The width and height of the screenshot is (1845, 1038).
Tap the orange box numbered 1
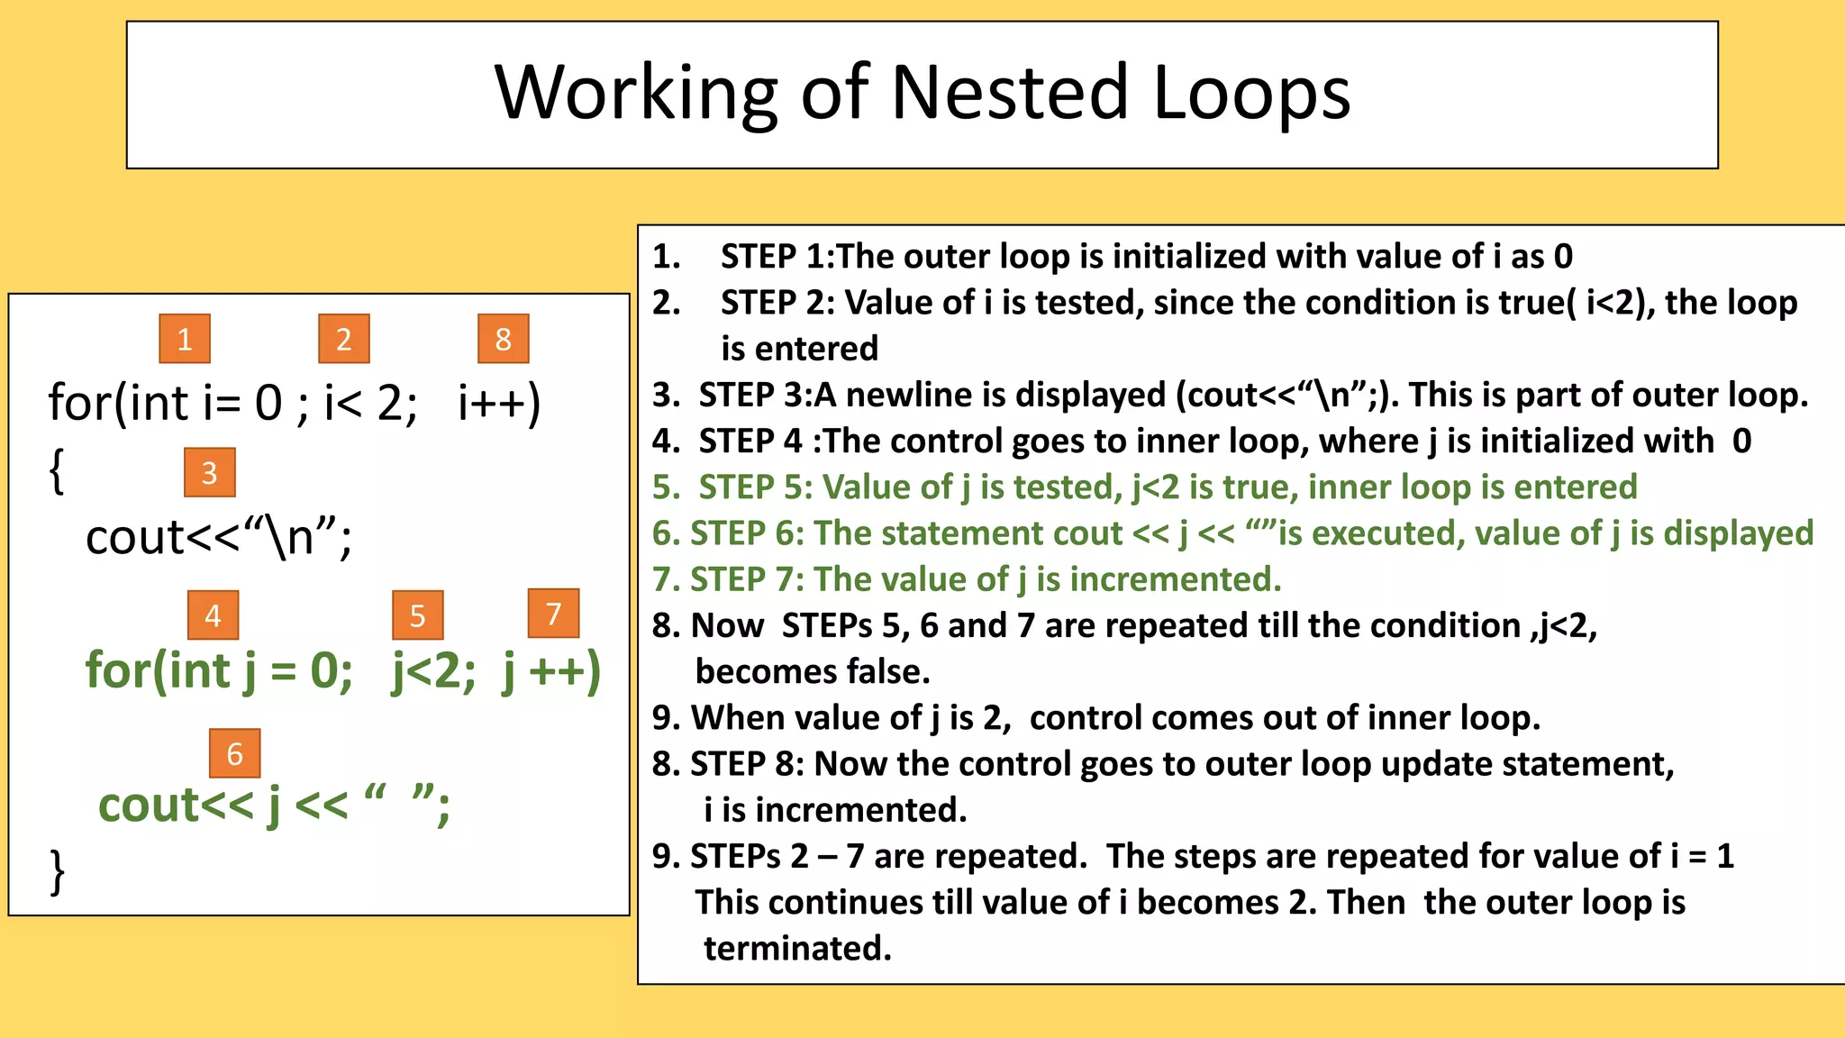[185, 339]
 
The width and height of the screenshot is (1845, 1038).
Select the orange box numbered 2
[344, 339]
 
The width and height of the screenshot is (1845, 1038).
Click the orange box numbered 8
[503, 339]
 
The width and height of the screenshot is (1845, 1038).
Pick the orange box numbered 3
[209, 472]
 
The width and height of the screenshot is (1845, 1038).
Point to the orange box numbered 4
[213, 615]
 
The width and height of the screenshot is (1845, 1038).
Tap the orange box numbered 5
[417, 615]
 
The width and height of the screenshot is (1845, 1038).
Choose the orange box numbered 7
[553, 614]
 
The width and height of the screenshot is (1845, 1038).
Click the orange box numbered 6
[234, 753]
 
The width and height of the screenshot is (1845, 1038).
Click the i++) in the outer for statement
[499, 403]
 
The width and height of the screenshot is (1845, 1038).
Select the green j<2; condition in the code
[433, 671]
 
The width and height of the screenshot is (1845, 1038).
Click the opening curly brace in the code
[57, 470]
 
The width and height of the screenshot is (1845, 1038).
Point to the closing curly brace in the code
[57, 871]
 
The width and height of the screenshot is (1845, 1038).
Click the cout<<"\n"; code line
[219, 538]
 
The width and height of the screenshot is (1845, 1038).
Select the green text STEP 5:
[755, 487]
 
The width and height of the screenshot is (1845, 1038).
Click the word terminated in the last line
[797, 948]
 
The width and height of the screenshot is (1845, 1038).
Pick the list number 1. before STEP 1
[667, 257]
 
